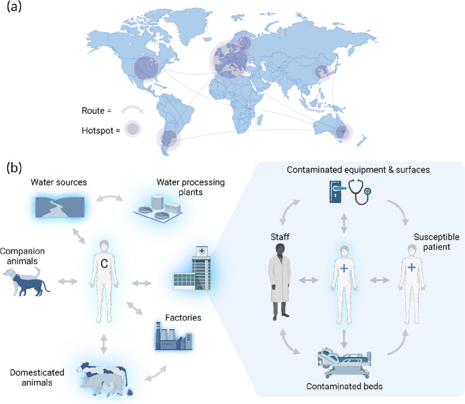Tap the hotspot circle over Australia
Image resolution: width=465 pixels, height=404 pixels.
(x=340, y=133)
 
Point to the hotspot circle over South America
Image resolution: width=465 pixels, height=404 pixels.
(x=169, y=139)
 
